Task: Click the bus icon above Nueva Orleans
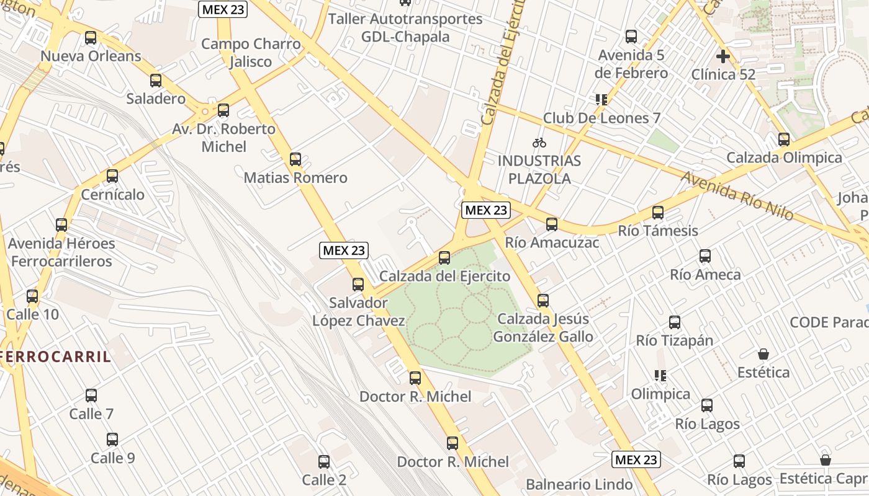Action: tap(91, 38)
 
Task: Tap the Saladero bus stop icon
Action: tap(156, 81)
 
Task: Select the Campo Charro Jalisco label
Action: tap(251, 53)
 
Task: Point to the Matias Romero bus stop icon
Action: tap(295, 159)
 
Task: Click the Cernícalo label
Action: tap(113, 195)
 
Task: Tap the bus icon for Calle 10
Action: tap(32, 296)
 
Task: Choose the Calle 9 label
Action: tap(112, 458)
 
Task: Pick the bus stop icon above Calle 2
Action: tap(324, 462)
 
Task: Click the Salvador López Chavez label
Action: tap(359, 312)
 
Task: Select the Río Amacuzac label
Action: tap(552, 242)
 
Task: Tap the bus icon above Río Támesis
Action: tap(658, 213)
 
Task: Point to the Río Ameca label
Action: tap(705, 274)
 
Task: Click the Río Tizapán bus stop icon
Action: tap(675, 322)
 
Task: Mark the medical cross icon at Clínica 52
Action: tap(723, 56)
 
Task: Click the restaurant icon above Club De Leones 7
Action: tap(600, 100)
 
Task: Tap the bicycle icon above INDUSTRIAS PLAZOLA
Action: tap(539, 143)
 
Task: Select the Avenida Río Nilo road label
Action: tap(737, 195)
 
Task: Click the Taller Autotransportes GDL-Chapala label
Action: tap(405, 28)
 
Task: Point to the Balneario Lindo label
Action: tap(579, 484)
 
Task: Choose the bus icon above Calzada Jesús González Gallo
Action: tap(543, 301)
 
